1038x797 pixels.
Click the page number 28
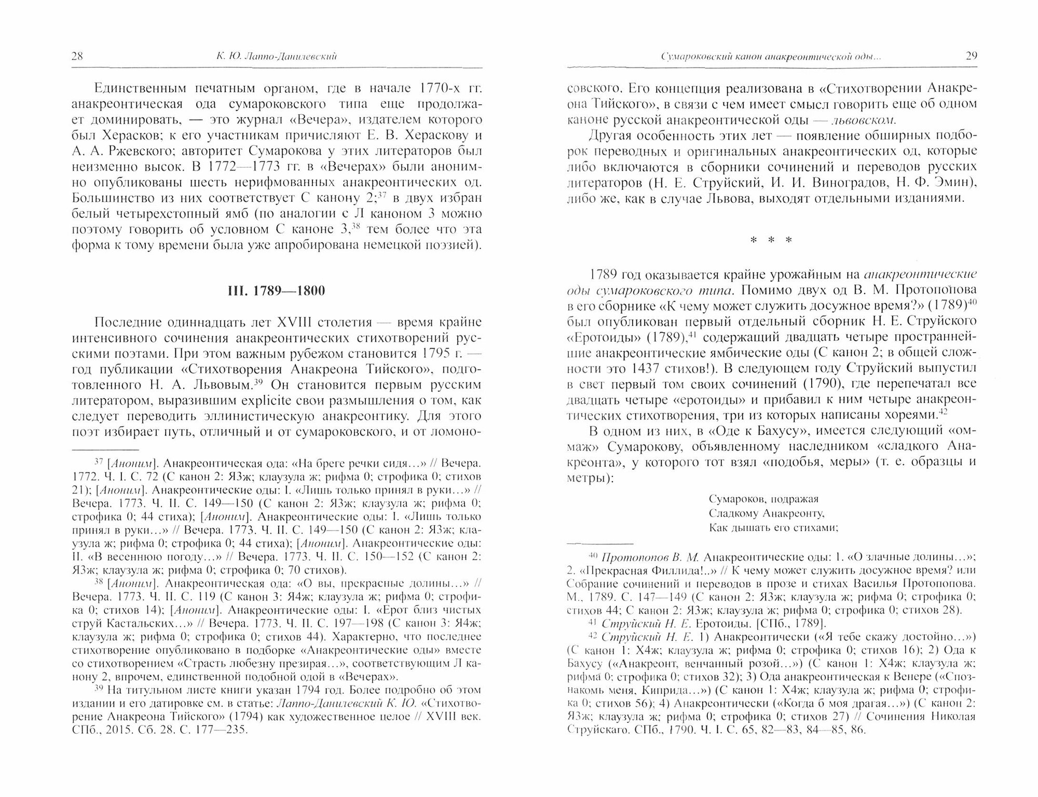pyautogui.click(x=77, y=57)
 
